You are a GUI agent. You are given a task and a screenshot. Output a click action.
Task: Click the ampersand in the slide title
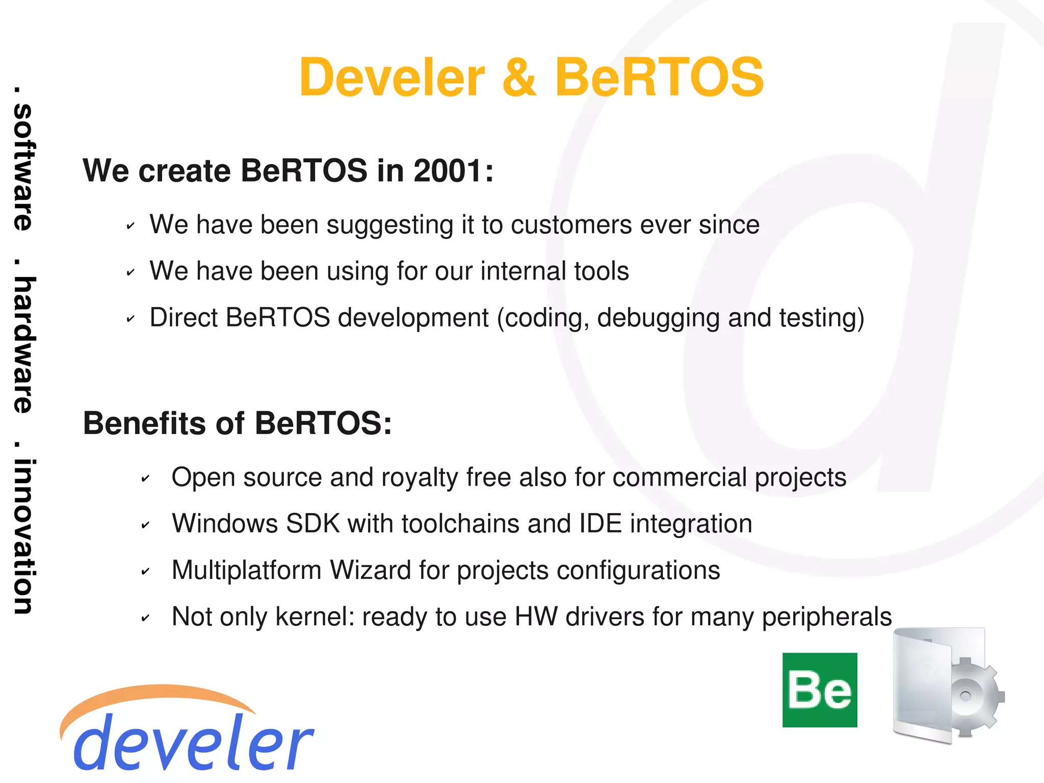pos(519,78)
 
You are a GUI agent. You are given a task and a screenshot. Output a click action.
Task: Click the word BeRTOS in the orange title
pos(659,78)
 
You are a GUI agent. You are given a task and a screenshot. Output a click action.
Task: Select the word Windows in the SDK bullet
pos(224,524)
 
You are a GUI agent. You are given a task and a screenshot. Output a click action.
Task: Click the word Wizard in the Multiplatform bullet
pos(370,570)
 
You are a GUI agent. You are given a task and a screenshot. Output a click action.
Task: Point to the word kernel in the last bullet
pos(315,617)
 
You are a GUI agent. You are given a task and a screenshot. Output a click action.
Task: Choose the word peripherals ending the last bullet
pos(827,617)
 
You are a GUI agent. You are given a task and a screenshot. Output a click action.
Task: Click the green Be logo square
pos(820,690)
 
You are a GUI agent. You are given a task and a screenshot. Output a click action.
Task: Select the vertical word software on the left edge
pos(23,166)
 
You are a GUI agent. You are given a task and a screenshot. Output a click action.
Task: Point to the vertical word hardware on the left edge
pos(23,344)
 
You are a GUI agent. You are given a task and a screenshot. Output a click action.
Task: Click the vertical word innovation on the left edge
pos(23,536)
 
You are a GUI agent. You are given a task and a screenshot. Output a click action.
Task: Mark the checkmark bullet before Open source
pos(145,478)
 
